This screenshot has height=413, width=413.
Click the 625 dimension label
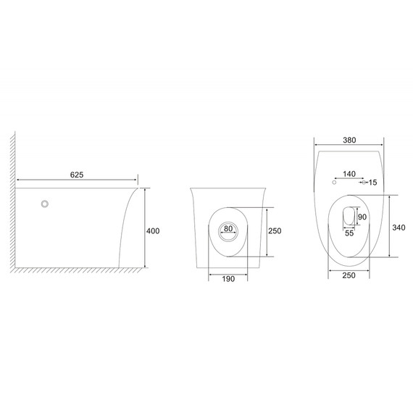coord(77,175)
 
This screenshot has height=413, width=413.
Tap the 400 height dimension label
coord(153,231)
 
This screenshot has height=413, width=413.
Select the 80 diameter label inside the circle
coord(228,229)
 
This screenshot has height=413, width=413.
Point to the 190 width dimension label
coord(228,279)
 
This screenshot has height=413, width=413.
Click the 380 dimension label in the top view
coord(349,140)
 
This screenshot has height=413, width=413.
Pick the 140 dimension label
coord(349,174)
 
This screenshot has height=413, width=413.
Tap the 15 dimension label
coord(372,183)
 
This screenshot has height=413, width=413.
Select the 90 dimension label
coord(362,217)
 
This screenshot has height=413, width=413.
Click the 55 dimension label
coord(349,233)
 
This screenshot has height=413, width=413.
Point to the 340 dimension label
coord(399,228)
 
